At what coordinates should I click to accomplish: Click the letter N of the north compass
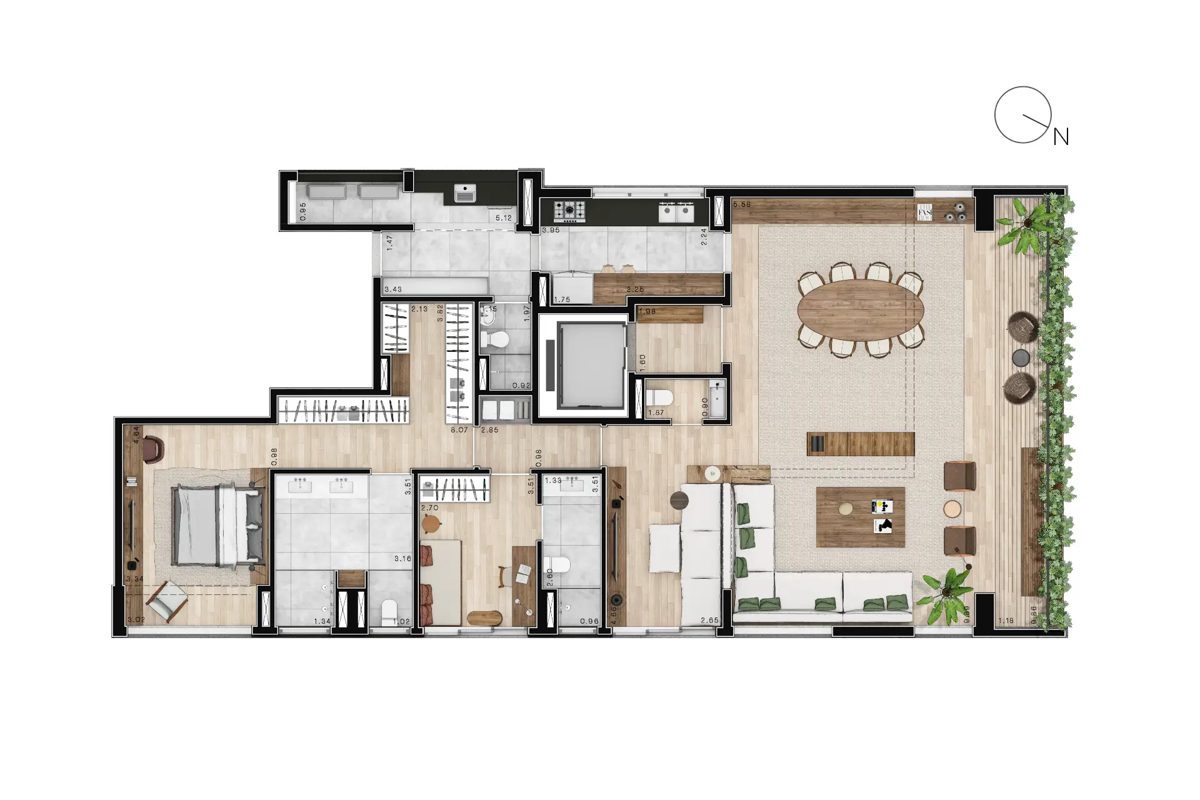(x=1061, y=137)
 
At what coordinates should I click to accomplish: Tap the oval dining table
(x=861, y=309)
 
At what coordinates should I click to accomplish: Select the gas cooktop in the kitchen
(x=570, y=211)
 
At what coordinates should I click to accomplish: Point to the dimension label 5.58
(x=742, y=204)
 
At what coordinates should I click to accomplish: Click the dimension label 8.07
(x=459, y=430)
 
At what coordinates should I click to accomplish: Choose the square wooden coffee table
(x=860, y=517)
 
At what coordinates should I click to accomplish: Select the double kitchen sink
(x=676, y=212)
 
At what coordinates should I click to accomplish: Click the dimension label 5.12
(x=503, y=218)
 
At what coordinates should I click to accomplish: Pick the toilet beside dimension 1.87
(x=659, y=397)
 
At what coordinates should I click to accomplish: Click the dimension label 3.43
(x=393, y=289)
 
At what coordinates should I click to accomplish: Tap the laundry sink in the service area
(x=465, y=192)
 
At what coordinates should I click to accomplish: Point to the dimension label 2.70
(x=429, y=508)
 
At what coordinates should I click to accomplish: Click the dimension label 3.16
(x=402, y=559)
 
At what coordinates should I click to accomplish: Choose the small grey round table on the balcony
(x=1020, y=357)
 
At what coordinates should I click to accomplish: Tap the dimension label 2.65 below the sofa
(x=709, y=621)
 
